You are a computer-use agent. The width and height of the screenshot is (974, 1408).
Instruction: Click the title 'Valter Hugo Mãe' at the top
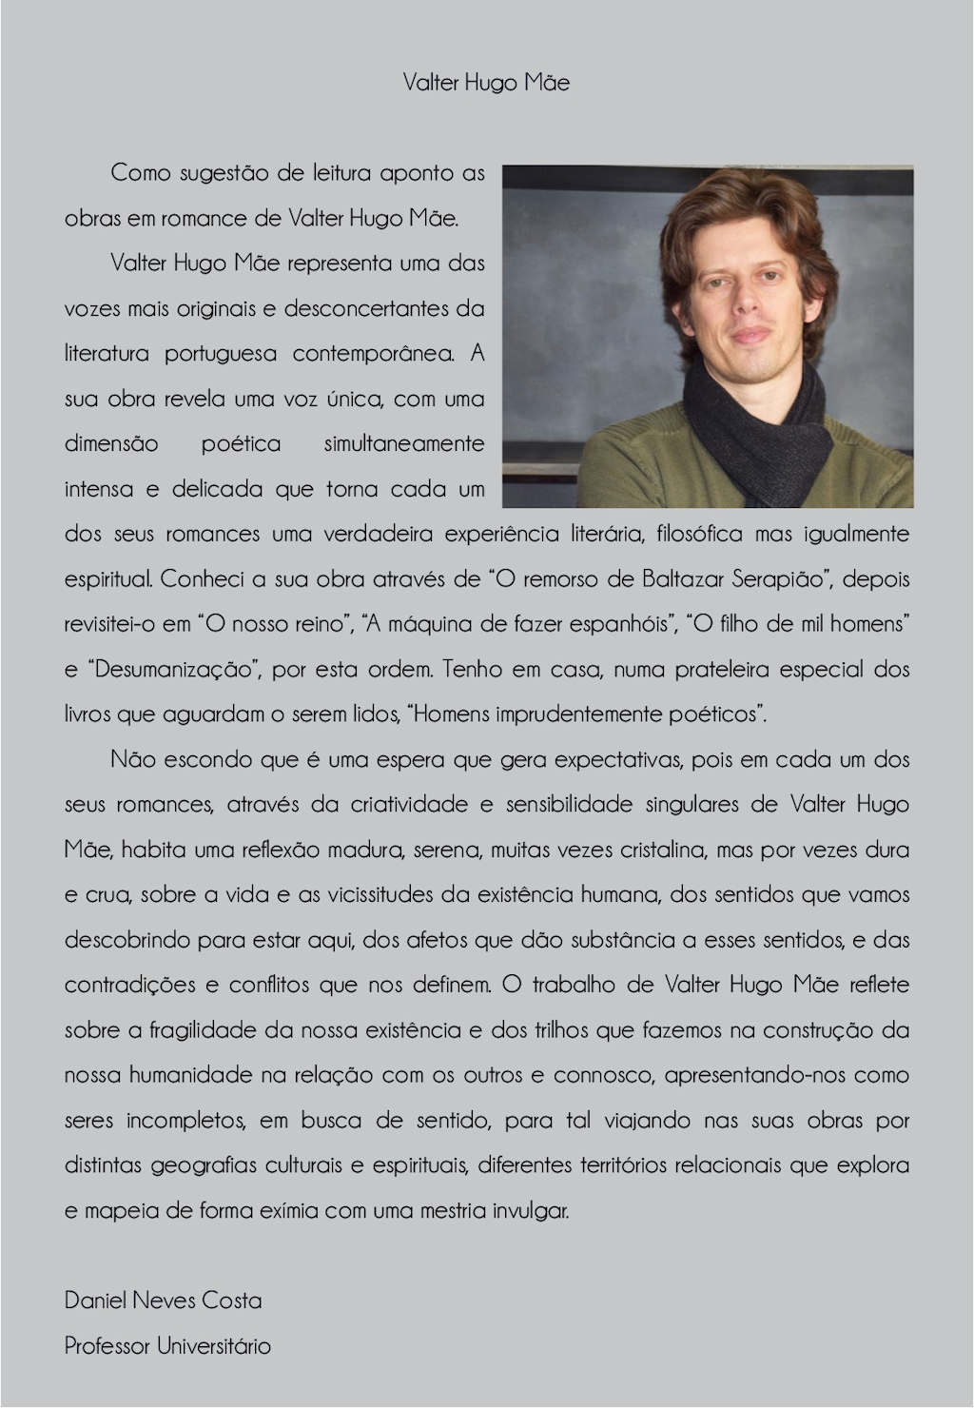coord(486,83)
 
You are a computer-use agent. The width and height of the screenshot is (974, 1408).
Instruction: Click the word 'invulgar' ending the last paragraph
coord(531,1212)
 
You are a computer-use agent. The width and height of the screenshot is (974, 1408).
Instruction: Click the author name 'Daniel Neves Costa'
coord(163,1300)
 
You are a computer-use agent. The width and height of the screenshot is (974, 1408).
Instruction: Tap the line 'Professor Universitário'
coord(167,1346)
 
